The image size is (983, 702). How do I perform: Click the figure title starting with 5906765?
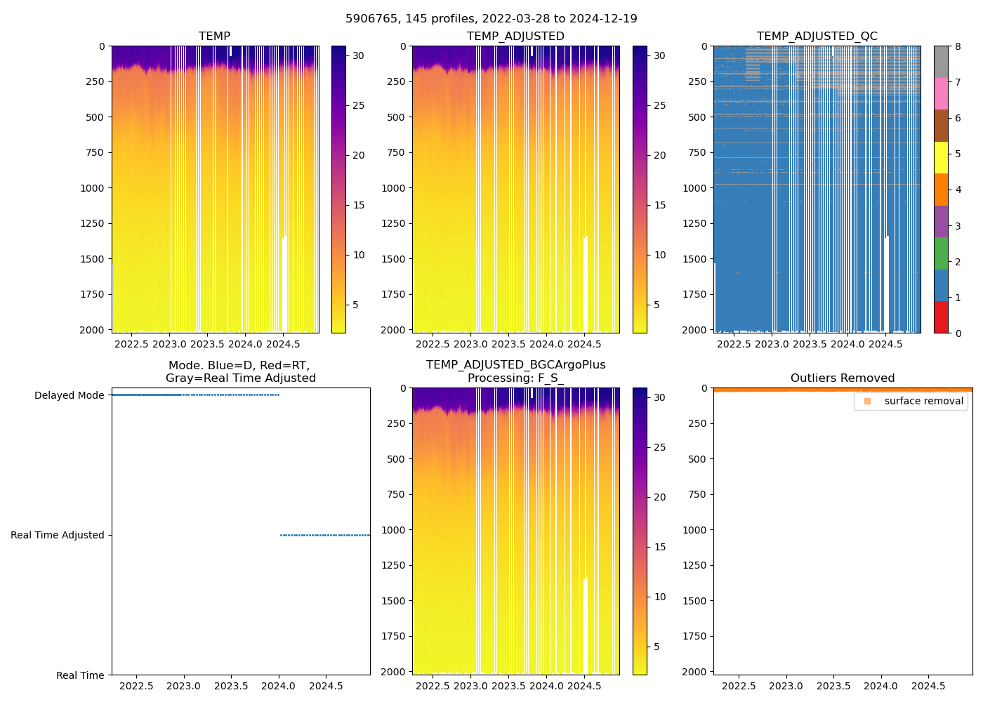491,19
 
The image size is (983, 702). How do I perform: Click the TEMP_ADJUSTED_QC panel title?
817,37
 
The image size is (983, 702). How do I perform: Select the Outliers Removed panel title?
843,378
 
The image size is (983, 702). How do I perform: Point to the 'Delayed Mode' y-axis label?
69,395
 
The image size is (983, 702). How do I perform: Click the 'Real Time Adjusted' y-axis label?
58,535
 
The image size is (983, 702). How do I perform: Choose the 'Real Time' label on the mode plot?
80,675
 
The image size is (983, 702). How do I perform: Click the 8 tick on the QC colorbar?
958,46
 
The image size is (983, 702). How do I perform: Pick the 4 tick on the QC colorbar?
958,190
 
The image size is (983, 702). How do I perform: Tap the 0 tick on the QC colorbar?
958,333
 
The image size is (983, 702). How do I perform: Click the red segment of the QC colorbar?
941,317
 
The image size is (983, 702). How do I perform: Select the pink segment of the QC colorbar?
941,94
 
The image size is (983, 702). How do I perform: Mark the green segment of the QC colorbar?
941,253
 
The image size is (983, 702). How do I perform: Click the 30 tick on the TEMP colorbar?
358,55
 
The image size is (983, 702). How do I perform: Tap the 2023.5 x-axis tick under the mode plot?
231,686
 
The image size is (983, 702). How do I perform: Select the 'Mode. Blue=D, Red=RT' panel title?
240,372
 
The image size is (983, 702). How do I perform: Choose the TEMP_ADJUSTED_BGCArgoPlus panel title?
515,371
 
